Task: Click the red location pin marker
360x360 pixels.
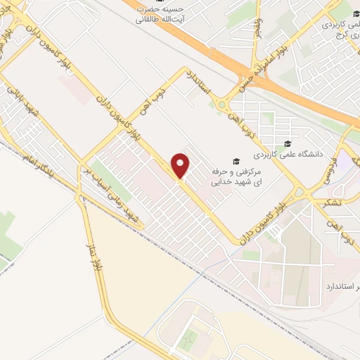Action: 181,166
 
